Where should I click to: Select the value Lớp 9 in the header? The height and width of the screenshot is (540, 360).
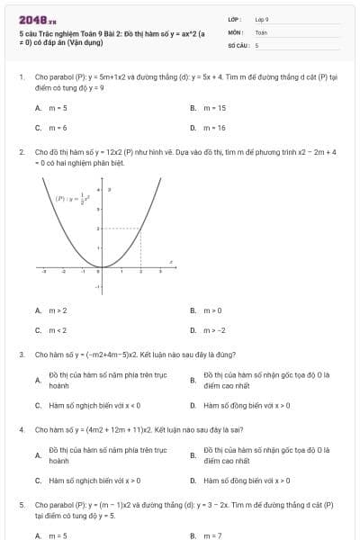click(x=262, y=19)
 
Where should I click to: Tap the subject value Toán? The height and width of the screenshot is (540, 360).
click(x=261, y=31)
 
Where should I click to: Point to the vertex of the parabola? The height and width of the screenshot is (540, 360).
click(x=100, y=268)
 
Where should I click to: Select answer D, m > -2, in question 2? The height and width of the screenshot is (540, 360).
click(x=215, y=330)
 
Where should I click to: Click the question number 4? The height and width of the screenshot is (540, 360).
click(x=21, y=429)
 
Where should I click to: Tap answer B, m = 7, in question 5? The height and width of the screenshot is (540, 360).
click(x=212, y=535)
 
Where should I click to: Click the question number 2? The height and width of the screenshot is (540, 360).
click(x=21, y=152)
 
